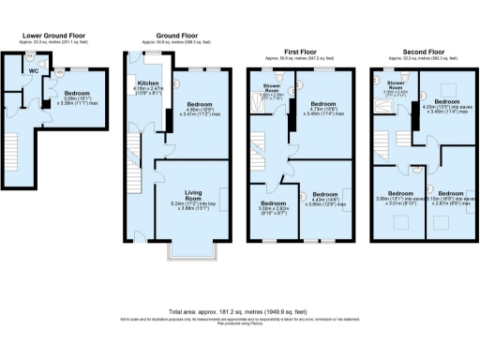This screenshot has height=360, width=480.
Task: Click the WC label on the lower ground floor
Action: [34, 68]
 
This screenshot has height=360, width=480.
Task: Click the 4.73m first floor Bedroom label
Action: [322, 102]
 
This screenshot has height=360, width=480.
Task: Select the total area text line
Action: [239, 310]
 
